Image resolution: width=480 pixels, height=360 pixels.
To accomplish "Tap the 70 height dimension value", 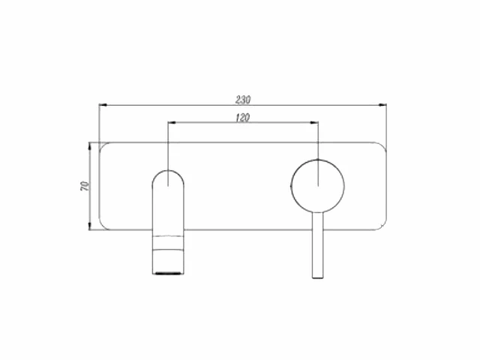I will (85, 185).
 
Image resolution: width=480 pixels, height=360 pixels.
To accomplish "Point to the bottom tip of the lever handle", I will (318, 277).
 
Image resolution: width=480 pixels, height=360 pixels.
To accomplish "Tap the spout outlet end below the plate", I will (169, 268).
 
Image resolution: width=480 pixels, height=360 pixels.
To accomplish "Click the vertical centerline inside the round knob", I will (318, 172).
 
